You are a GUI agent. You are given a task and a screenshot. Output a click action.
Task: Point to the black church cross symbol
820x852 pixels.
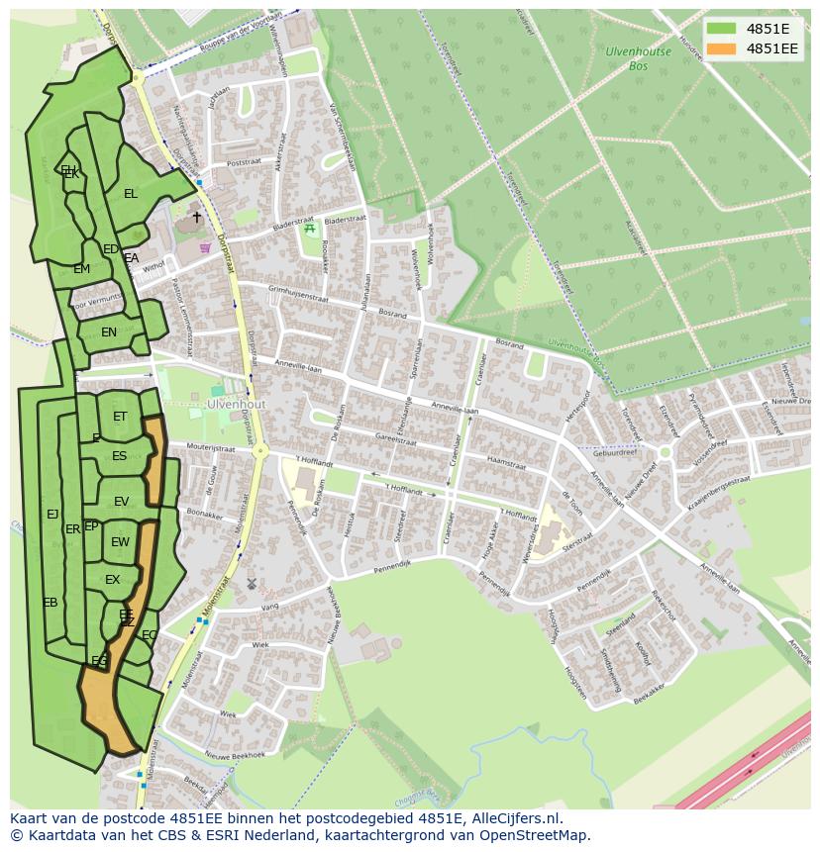click(196, 217)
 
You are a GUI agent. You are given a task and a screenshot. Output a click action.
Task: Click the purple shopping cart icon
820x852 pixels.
click(205, 247)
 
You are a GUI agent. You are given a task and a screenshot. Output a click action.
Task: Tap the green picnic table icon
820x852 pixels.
click(310, 229)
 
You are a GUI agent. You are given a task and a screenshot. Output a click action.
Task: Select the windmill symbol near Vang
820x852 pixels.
click(252, 584)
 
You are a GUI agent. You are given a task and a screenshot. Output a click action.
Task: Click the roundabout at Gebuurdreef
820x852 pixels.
click(666, 452)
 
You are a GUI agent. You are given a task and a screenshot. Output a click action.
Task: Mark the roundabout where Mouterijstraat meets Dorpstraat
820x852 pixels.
click(260, 451)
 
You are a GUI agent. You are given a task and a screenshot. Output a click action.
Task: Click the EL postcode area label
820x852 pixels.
click(130, 194)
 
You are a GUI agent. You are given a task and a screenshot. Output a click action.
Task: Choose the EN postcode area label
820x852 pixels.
click(109, 332)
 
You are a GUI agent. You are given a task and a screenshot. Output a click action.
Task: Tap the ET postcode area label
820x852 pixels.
click(120, 417)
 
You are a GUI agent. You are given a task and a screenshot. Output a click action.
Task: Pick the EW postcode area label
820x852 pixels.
click(120, 542)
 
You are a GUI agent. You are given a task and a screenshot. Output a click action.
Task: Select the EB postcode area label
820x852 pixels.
click(50, 603)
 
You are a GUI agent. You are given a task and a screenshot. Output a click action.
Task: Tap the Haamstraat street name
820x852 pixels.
click(505, 462)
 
